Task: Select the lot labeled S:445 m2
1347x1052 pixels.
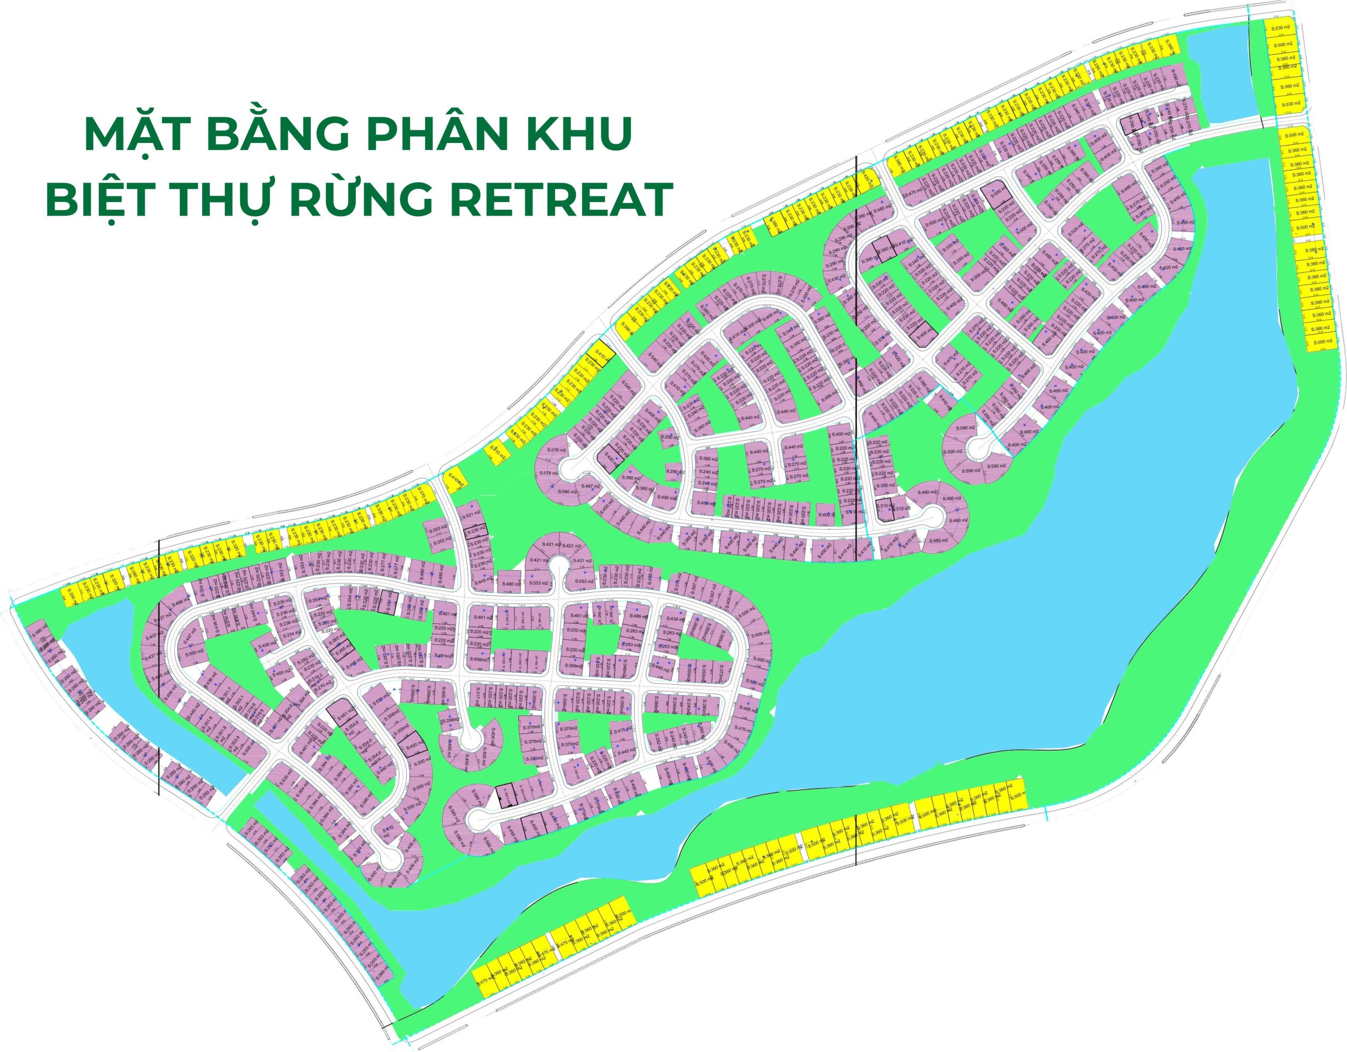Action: tap(482, 580)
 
